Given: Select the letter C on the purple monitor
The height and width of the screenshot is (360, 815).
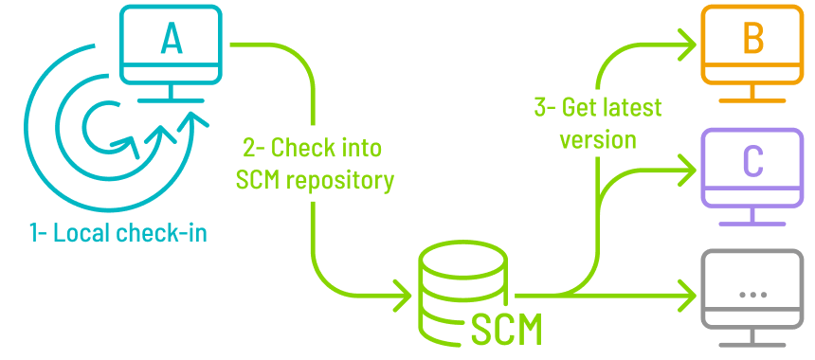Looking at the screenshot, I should coord(753,161).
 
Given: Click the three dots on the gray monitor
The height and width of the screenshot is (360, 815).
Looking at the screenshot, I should coord(753,295).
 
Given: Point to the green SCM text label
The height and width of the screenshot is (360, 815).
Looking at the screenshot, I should coord(507,329).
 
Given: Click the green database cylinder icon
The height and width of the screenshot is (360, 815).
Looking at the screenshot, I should coord(462,289).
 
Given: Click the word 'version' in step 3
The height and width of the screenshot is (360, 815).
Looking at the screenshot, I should coord(597,139).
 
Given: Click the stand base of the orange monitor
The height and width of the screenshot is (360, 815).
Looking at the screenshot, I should coord(753,99).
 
